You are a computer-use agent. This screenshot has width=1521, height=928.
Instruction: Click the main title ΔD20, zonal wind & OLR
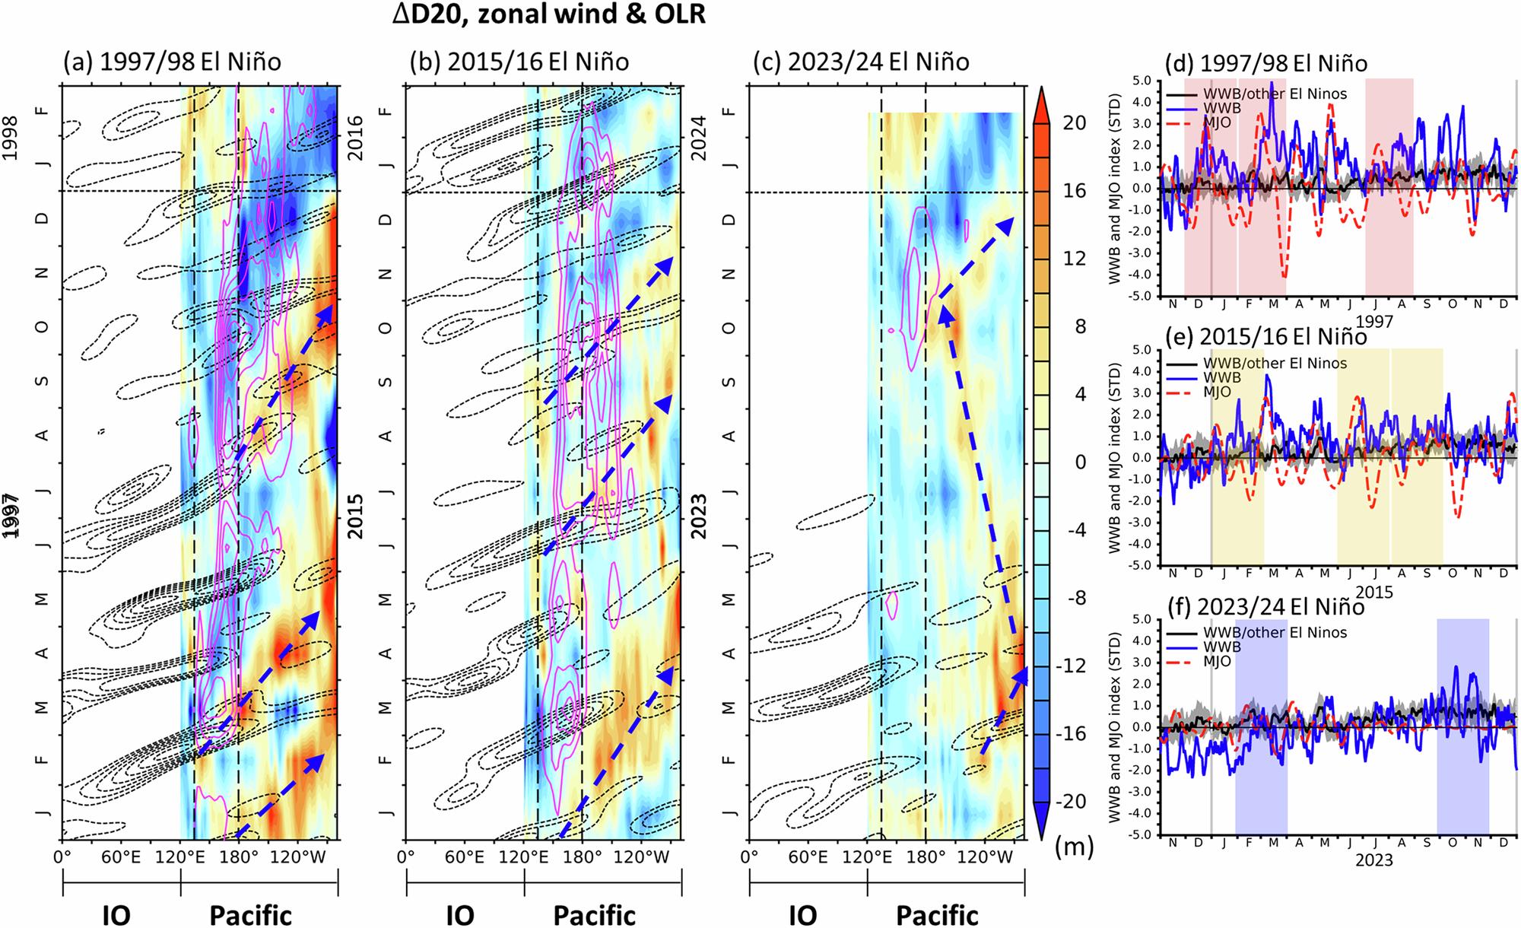(x=548, y=14)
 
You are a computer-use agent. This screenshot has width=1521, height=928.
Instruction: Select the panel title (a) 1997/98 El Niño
(x=172, y=62)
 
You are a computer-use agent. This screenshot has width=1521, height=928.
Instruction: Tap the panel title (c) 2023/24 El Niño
(x=861, y=62)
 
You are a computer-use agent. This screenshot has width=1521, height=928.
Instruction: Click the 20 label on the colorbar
(x=1074, y=123)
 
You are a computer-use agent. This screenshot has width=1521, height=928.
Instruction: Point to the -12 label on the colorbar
(x=1071, y=666)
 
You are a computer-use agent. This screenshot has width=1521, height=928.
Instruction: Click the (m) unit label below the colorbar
(x=1074, y=846)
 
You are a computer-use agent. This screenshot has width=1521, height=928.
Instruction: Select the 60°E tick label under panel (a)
(x=121, y=857)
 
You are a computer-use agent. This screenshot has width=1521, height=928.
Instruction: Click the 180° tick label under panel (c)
(x=926, y=857)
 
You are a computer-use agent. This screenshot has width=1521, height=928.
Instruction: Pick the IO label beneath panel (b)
(x=460, y=915)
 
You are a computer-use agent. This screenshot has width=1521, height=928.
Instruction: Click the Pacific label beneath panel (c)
(x=937, y=915)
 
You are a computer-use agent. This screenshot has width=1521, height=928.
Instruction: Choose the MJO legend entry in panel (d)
(x=1217, y=122)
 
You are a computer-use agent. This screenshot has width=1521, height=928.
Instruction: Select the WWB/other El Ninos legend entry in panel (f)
(x=1275, y=632)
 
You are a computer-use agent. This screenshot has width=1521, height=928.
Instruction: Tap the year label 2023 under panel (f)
(x=1373, y=860)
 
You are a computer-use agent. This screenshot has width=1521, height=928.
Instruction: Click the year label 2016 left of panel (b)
(x=356, y=138)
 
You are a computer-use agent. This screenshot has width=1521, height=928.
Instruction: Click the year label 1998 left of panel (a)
(x=11, y=138)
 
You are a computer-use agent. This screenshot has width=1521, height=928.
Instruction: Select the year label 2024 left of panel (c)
(x=699, y=138)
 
